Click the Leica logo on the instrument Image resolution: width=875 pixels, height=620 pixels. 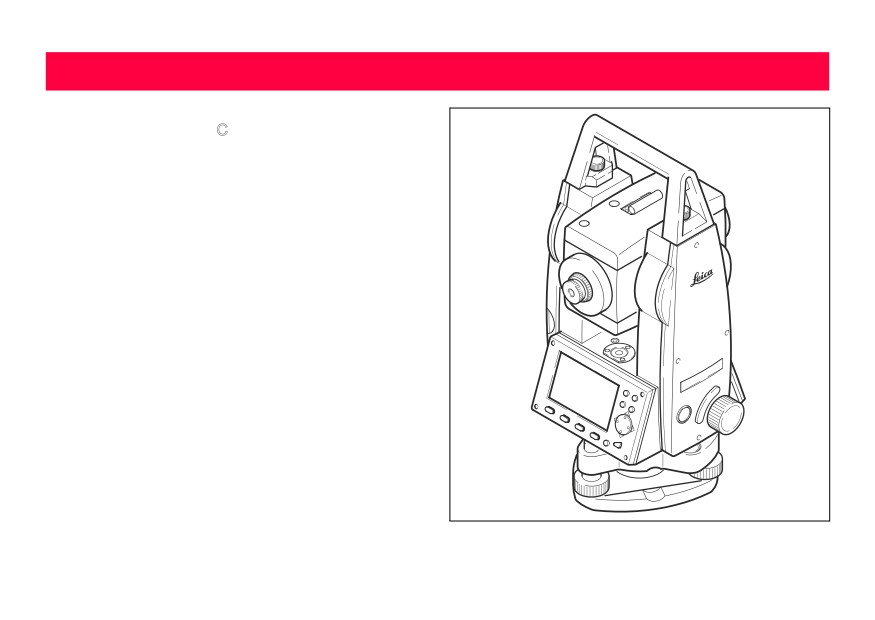pos(702,277)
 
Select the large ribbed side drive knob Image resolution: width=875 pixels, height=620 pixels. pos(725,415)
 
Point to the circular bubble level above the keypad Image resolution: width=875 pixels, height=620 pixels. pos(618,353)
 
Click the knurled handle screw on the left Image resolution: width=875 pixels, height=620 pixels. pos(598,163)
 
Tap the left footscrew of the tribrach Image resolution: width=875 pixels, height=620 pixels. pos(591,486)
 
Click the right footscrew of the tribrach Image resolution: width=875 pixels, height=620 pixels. pos(707,470)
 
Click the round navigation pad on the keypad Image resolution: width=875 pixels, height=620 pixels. pos(624,425)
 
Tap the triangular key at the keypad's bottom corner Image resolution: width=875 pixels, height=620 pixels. pos(617,445)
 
